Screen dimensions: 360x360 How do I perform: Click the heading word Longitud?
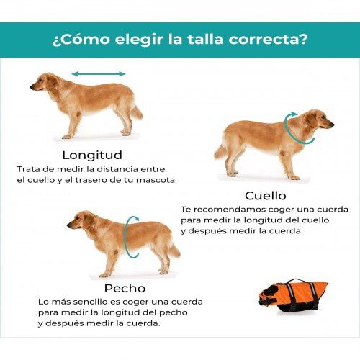pos(91,155)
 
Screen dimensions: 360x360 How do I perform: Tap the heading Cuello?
pos(265,195)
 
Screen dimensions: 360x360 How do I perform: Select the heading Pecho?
pos(125,288)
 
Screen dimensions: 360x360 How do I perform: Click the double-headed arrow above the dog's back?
pos(99,73)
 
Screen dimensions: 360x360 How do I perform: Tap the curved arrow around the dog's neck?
pos(291,129)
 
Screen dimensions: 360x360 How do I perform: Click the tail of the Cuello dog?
pos(221,150)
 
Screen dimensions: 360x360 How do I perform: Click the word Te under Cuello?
pos(186,210)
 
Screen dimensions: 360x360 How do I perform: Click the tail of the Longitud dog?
pos(135,111)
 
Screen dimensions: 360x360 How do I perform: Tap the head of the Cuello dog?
pos(319,120)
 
